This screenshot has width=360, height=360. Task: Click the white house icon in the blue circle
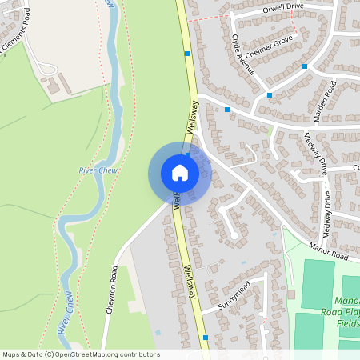[x=180, y=173]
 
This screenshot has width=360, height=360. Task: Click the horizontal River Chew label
[x=98, y=170]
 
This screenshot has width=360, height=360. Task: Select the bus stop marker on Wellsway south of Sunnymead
[x=206, y=338]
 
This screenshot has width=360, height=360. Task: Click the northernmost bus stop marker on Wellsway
[x=186, y=54]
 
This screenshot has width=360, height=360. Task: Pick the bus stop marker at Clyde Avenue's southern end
[x=227, y=110]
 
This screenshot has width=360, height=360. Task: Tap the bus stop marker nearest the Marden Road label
[x=305, y=66]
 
